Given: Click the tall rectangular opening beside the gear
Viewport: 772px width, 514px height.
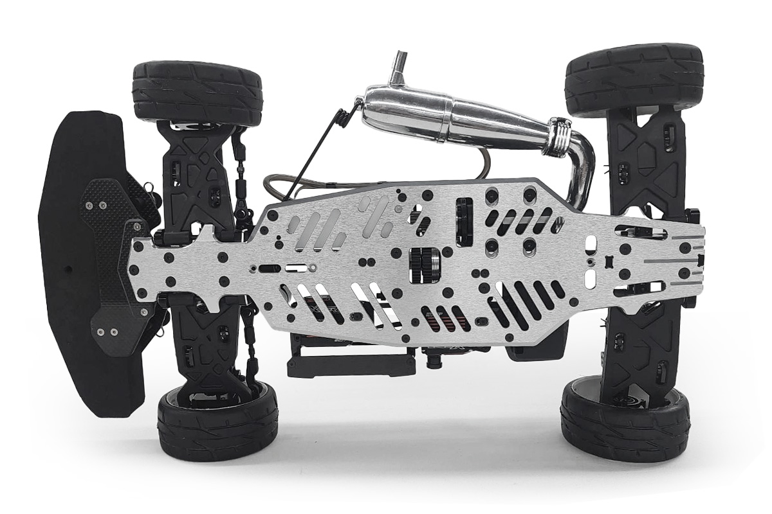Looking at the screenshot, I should point(464,222).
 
